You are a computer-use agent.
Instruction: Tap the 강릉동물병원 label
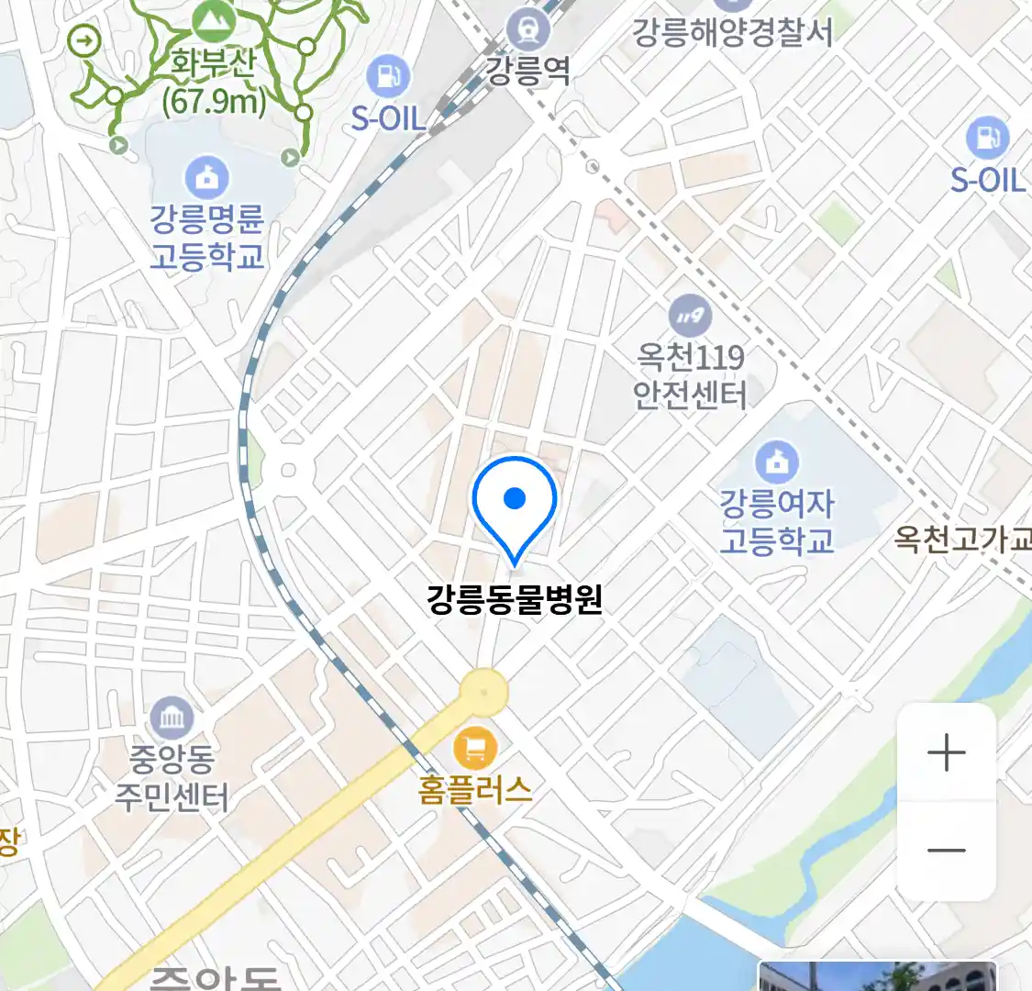point(515,599)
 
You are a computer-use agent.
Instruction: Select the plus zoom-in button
point(946,753)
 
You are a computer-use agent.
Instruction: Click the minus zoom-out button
point(946,850)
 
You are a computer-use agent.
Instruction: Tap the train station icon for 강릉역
point(528,30)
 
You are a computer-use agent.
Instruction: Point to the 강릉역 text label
point(527,71)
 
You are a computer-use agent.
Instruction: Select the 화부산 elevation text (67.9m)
point(214,100)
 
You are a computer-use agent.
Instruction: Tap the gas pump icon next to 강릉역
point(388,76)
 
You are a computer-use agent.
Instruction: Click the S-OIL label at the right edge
point(987,180)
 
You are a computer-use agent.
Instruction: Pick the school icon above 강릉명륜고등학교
point(207,177)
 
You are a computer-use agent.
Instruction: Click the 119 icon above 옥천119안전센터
point(690,317)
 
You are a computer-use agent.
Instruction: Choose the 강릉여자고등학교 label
point(777,521)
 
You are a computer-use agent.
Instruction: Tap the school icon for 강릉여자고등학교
point(777,462)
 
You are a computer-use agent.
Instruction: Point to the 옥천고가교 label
point(963,539)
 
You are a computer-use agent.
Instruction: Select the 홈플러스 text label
point(475,789)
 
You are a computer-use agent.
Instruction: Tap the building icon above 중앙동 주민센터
point(172,718)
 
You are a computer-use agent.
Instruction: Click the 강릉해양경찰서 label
point(732,33)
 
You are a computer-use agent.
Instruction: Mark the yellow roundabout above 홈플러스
point(483,692)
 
